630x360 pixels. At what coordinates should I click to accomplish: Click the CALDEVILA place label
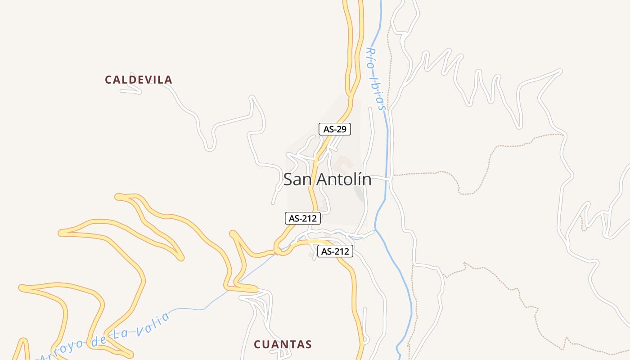[139, 80]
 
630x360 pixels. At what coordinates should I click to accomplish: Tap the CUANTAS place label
[283, 345]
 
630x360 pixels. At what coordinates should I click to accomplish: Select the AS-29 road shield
[334, 129]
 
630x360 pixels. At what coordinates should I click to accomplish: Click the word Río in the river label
[371, 56]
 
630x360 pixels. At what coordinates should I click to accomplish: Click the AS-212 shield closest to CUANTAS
[335, 252]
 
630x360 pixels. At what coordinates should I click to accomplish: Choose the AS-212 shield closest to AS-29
[303, 219]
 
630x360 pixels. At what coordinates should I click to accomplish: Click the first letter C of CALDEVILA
[108, 80]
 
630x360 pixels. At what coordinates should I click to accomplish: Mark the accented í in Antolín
[360, 179]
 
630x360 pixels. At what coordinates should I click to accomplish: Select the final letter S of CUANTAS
[308, 345]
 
